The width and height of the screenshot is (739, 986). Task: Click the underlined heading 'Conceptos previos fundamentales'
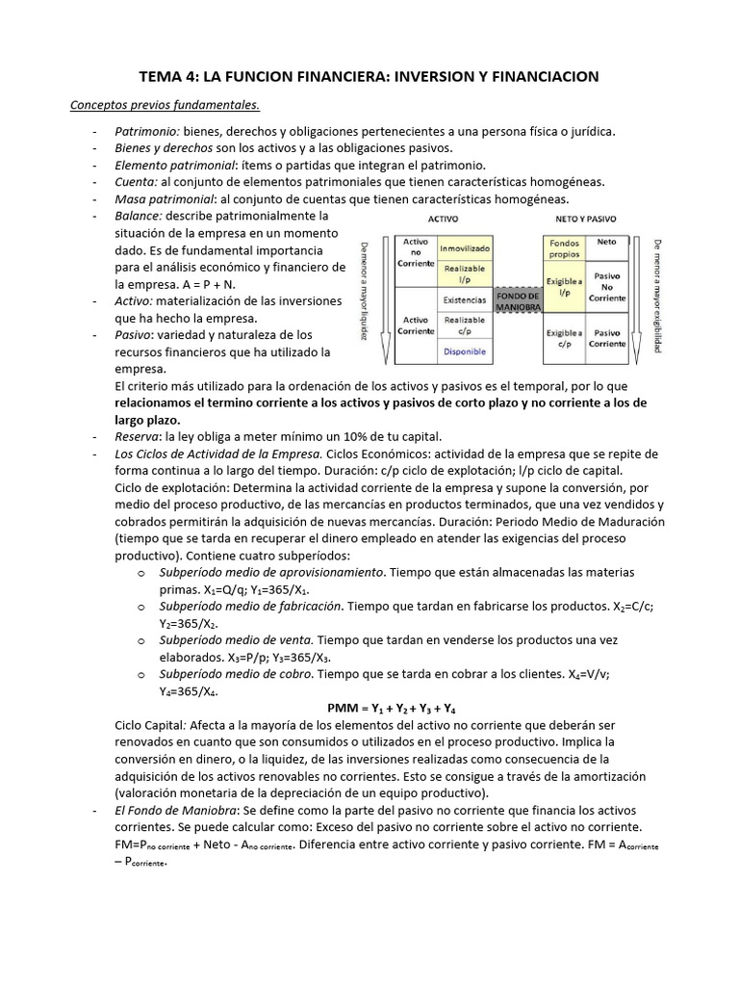(x=165, y=104)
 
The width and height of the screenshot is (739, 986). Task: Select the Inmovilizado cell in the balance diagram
(x=465, y=248)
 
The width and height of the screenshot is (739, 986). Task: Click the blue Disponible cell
(x=465, y=351)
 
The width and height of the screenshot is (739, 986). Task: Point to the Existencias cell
(x=465, y=299)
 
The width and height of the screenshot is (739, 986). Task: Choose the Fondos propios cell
(x=564, y=248)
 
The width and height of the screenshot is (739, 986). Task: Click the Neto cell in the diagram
(x=607, y=243)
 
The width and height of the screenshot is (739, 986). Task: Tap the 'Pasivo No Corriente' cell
(x=607, y=286)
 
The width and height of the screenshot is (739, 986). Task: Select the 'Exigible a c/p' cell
(x=564, y=337)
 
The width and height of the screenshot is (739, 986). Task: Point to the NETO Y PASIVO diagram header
(x=586, y=220)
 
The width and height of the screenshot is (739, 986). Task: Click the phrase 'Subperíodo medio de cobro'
(x=235, y=674)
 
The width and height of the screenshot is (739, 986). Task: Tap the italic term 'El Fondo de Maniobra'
(x=175, y=811)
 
